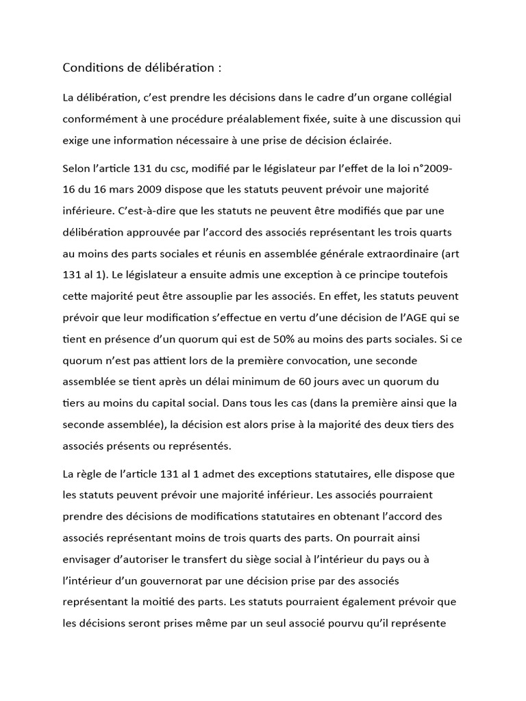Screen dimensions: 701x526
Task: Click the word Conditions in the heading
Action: tap(90, 68)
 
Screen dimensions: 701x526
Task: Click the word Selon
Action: tap(76, 168)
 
